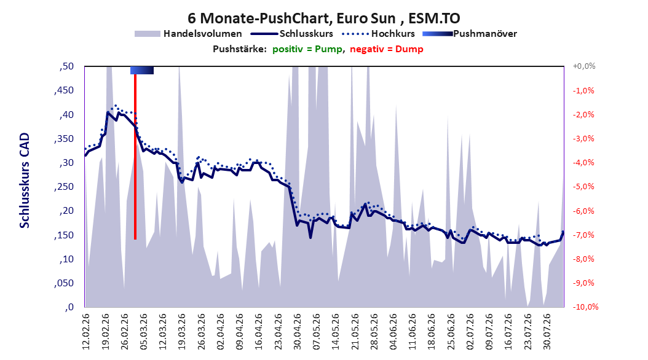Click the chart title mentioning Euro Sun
(323, 18)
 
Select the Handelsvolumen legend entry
(188, 34)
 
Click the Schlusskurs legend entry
(292, 34)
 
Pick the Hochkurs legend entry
(378, 34)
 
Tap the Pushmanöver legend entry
(470, 34)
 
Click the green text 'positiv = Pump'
(307, 49)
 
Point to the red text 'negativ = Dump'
(387, 49)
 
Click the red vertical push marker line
(135, 157)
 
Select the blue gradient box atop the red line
(142, 70)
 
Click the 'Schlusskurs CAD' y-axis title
(25, 181)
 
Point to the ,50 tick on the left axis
(66, 66)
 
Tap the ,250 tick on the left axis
(64, 187)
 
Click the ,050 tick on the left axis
(64, 283)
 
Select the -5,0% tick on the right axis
(583, 187)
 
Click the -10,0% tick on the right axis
(585, 307)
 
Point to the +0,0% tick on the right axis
(584, 66)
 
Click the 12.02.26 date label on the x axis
(86, 332)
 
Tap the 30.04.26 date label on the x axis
(298, 332)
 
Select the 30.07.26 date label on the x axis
(547, 332)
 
